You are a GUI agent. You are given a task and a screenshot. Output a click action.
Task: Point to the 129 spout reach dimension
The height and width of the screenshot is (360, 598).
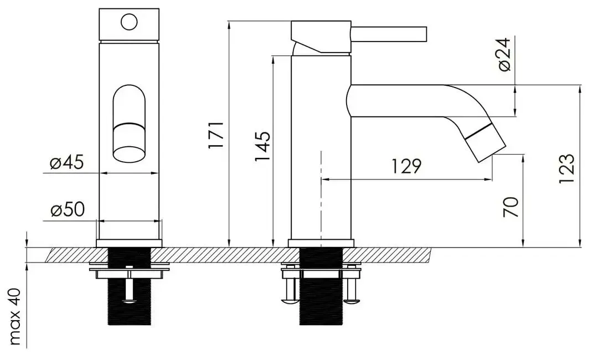tap(406, 166)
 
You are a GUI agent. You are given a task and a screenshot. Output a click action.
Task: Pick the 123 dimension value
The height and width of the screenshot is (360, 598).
tap(566, 168)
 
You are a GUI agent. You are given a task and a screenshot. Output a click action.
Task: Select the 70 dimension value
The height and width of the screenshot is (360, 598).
tap(511, 206)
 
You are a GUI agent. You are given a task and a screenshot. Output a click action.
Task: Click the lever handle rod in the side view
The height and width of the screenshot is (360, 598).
tap(390, 33)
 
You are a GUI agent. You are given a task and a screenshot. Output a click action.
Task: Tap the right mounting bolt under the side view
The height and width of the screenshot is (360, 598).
tap(351, 288)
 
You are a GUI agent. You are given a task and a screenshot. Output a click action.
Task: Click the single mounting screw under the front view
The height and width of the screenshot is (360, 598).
tap(129, 288)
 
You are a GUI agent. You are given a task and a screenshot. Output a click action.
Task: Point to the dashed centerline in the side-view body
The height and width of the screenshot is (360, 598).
tap(321, 194)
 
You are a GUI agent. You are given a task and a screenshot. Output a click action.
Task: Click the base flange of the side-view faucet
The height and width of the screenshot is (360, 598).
tap(321, 243)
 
